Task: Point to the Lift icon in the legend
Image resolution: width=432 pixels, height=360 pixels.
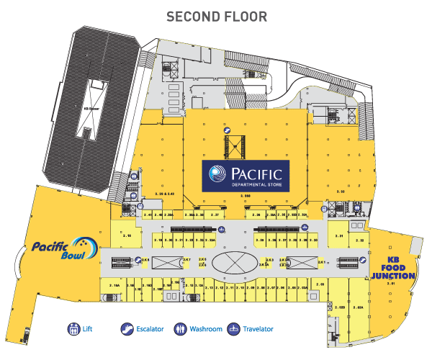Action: (x=73, y=330)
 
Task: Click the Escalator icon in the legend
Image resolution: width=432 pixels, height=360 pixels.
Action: (x=127, y=330)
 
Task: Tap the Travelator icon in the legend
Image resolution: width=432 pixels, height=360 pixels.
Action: (x=233, y=330)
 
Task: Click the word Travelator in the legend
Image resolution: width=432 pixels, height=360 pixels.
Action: (x=258, y=330)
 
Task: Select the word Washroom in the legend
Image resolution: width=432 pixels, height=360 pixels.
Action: (x=206, y=330)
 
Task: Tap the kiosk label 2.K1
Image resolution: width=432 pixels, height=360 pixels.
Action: (x=323, y=262)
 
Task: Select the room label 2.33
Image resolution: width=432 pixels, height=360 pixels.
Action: (x=342, y=192)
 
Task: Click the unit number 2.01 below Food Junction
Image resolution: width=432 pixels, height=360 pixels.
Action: (x=392, y=284)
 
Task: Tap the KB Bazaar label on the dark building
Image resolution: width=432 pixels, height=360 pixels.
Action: (x=91, y=109)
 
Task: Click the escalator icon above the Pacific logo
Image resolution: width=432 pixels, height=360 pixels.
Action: (x=227, y=132)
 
